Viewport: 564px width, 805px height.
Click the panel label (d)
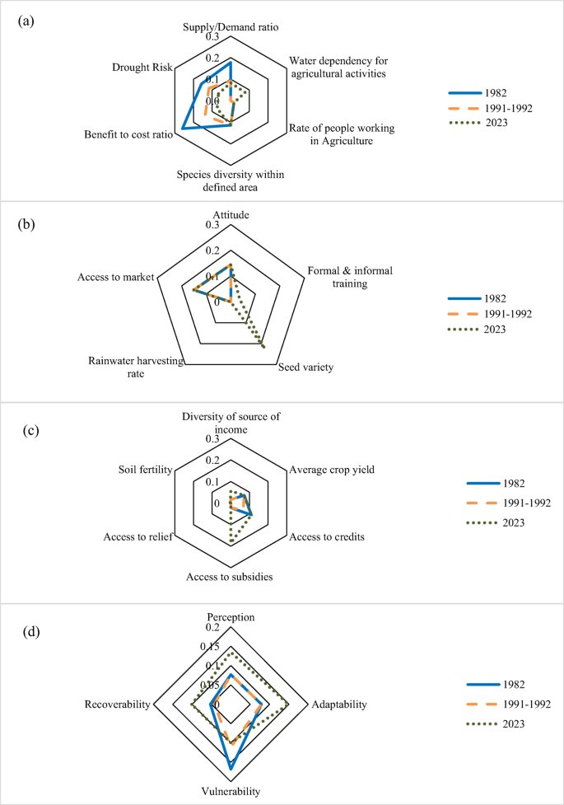click(26, 633)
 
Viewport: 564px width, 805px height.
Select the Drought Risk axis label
click(142, 68)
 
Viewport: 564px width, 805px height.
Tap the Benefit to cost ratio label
click(128, 134)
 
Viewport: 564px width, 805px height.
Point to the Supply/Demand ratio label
click(230, 27)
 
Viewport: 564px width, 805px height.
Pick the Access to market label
click(116, 277)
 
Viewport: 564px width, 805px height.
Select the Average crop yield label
click(332, 470)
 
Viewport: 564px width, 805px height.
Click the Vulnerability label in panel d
click(231, 791)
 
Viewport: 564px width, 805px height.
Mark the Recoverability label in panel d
click(117, 704)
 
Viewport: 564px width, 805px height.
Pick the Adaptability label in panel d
click(338, 704)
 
